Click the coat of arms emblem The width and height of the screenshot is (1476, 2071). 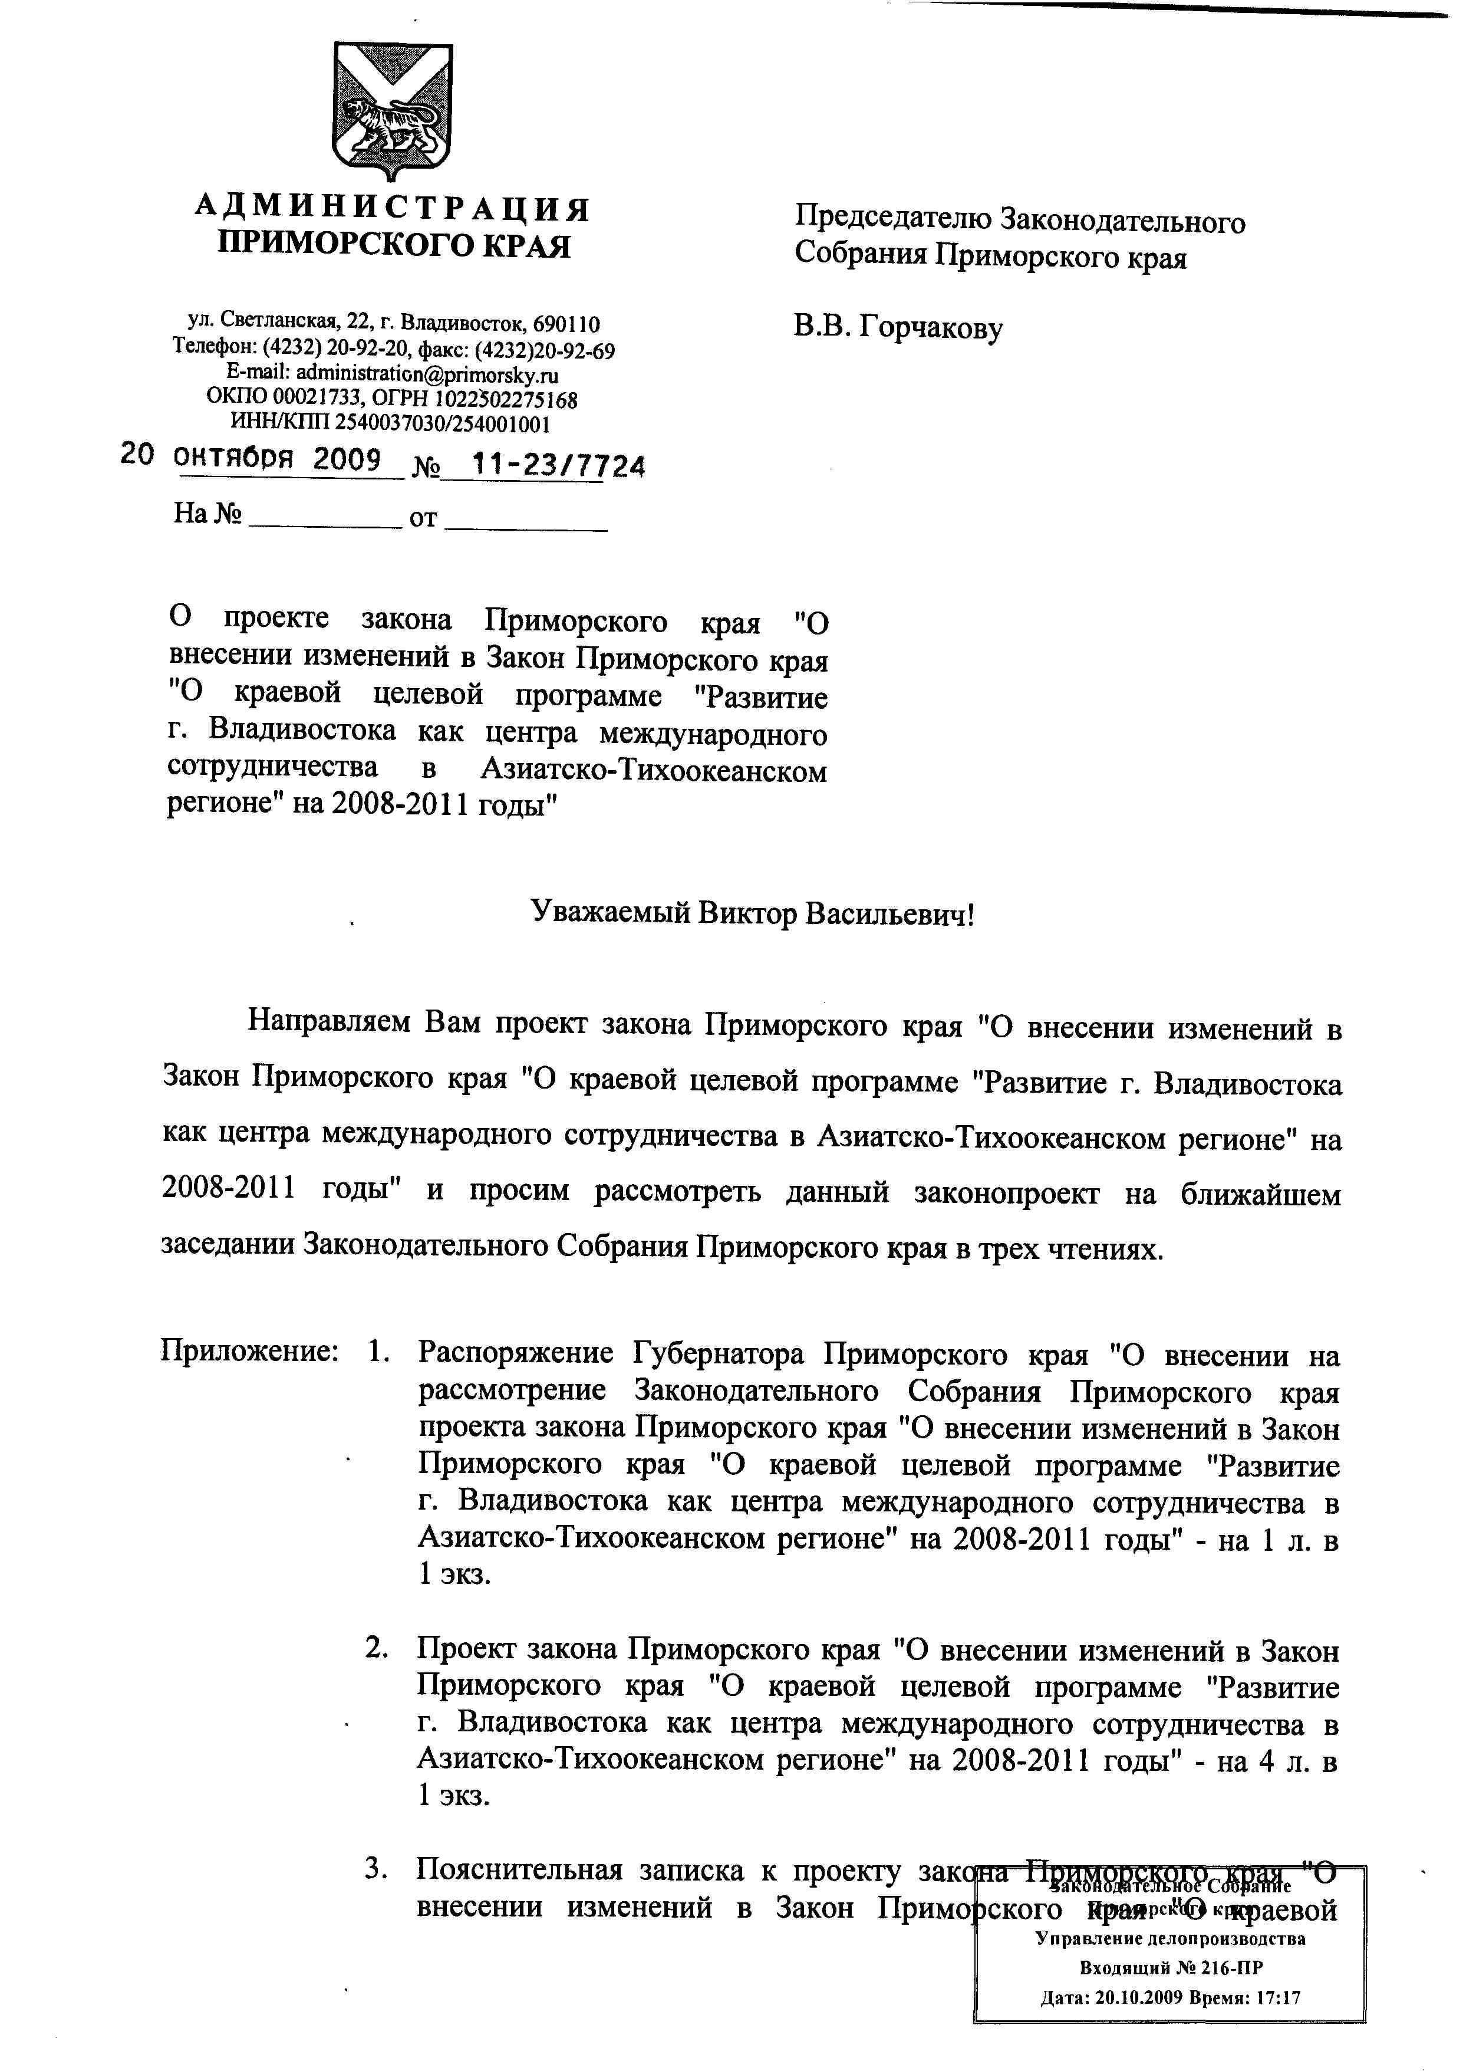coord(393,109)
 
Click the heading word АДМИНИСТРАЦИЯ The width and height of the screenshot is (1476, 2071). coord(393,209)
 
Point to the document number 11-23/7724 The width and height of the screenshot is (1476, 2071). coord(559,465)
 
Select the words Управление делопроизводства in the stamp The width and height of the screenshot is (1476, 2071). coord(1171,1938)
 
